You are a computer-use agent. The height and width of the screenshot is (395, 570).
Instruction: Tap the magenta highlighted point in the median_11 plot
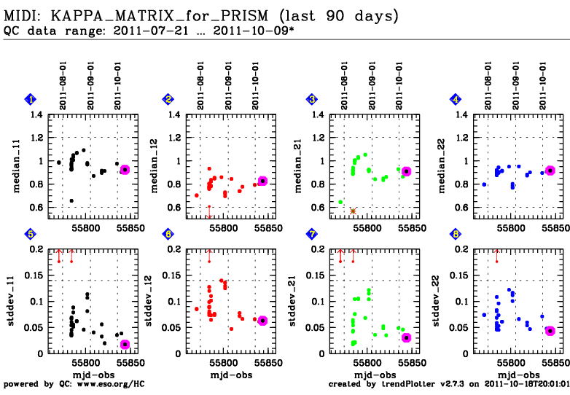(x=125, y=169)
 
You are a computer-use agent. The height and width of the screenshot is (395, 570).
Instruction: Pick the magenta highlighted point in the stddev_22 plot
(x=550, y=331)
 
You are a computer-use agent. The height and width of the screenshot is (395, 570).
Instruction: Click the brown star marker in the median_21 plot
(x=353, y=211)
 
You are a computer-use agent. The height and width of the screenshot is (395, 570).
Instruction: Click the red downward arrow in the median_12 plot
(x=209, y=214)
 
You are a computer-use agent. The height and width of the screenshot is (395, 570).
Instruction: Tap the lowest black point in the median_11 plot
(x=71, y=200)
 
